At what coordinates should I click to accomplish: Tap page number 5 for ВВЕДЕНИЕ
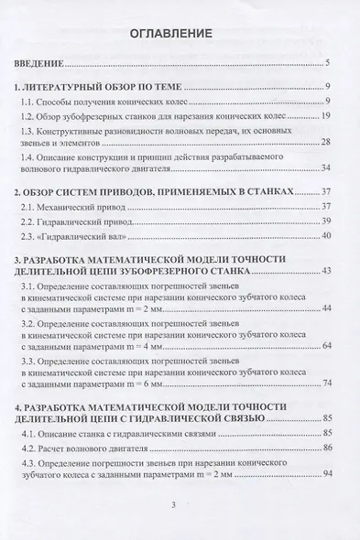[x=327, y=66]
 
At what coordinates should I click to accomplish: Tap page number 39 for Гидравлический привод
[x=325, y=222]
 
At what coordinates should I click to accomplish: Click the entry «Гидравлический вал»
[x=101, y=238]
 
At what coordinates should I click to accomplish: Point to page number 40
[x=325, y=238]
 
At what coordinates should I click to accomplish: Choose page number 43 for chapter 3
[x=325, y=275]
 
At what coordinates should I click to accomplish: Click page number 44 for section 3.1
[x=325, y=314]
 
